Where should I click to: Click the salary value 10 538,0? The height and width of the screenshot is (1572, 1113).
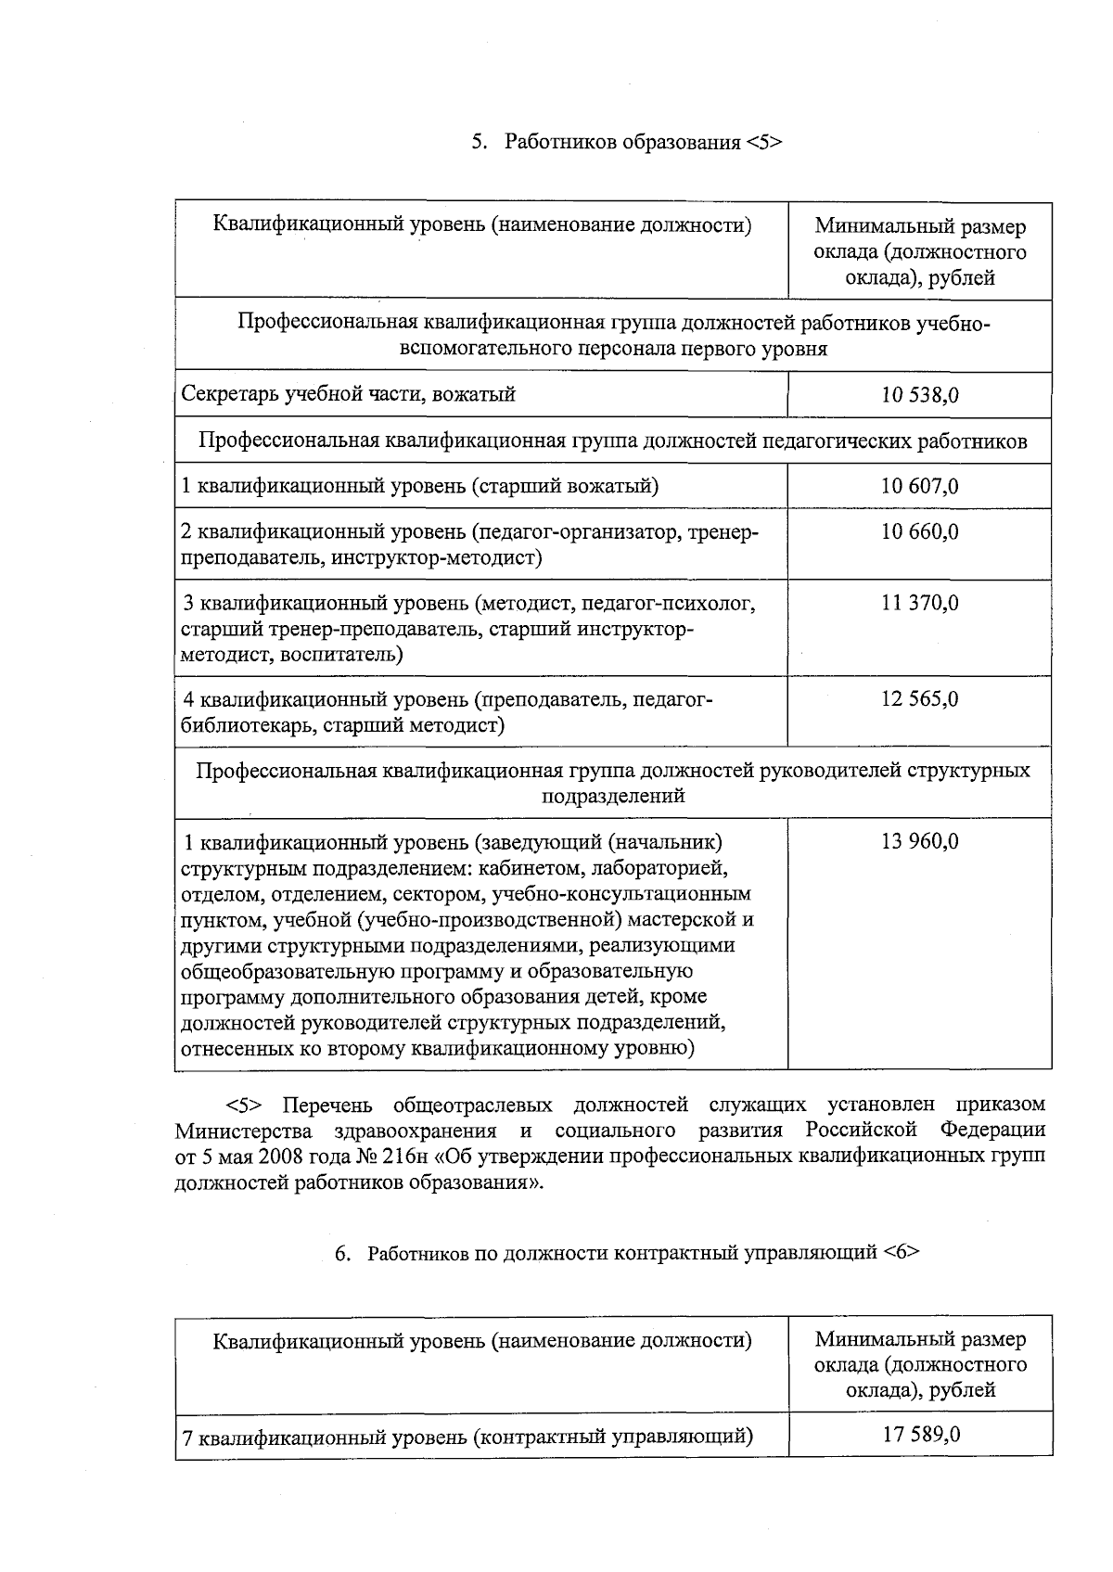click(919, 395)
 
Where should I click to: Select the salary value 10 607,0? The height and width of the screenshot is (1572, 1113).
click(919, 486)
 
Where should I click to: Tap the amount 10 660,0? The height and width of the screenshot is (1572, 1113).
click(919, 532)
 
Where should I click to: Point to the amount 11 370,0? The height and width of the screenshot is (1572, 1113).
click(919, 604)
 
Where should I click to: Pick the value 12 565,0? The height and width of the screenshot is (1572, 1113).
click(919, 699)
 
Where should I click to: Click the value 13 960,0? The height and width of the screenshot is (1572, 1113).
click(919, 842)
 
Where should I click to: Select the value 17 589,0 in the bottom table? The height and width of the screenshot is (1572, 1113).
click(921, 1435)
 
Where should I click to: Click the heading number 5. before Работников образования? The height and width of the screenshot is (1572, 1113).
click(480, 142)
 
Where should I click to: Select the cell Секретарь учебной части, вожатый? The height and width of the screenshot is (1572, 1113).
click(348, 395)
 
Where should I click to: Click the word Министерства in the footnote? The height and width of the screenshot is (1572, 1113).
click(243, 1131)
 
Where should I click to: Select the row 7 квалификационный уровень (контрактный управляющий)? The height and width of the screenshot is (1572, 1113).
click(467, 1438)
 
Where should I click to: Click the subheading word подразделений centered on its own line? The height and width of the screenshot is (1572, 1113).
click(613, 796)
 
